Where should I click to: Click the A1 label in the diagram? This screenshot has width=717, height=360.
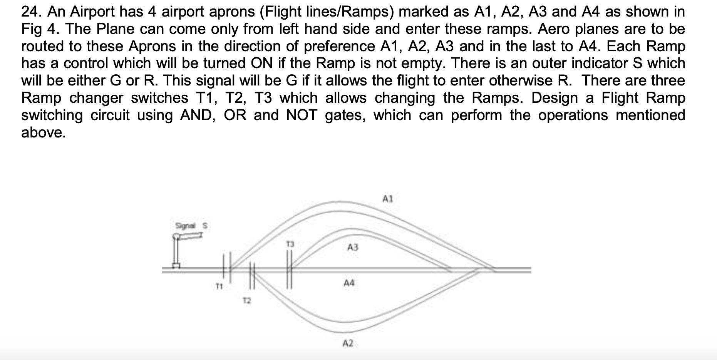point(387,199)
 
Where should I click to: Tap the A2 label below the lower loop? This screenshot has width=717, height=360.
point(348,343)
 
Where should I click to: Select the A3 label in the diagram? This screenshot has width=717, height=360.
point(353,248)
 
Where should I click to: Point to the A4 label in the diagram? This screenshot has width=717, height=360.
point(349,283)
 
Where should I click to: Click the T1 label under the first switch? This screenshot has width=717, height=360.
point(219,286)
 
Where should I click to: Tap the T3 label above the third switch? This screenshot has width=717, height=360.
point(291,244)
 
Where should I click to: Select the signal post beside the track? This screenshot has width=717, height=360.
point(176,252)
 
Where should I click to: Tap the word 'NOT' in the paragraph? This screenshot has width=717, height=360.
point(302,115)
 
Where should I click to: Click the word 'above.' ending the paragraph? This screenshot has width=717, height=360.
point(43,132)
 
